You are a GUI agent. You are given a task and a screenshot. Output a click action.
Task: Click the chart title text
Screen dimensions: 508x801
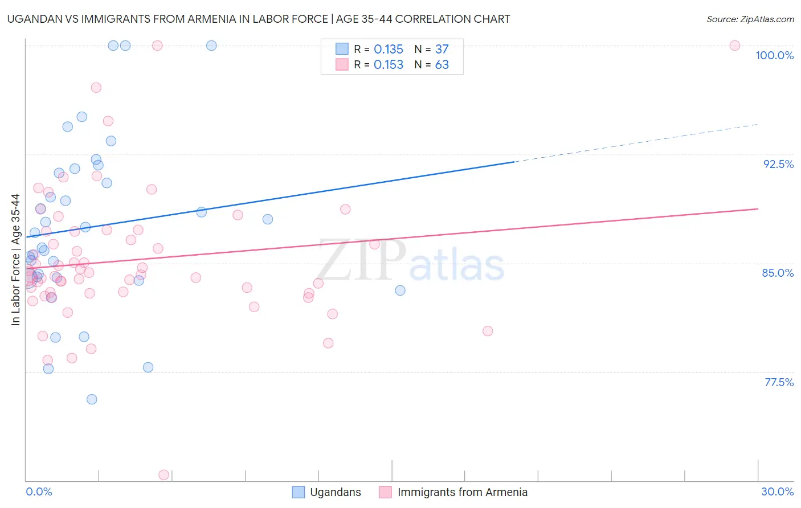click(259, 19)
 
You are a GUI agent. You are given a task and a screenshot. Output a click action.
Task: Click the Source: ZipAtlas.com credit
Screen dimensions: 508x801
click(750, 19)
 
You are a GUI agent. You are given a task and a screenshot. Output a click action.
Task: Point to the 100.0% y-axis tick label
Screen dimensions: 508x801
click(774, 55)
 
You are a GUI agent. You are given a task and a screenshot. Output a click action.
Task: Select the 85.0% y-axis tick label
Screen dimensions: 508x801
click(778, 273)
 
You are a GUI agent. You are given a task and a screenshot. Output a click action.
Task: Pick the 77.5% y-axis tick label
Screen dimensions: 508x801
click(779, 382)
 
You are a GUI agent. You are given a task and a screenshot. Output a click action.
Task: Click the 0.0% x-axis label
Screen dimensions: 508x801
click(39, 491)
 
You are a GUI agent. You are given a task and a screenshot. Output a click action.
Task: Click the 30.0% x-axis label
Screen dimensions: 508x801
click(777, 491)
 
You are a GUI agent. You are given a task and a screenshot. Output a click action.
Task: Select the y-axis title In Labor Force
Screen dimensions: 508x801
click(15, 260)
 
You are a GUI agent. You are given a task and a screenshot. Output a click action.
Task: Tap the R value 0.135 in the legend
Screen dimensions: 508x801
click(389, 50)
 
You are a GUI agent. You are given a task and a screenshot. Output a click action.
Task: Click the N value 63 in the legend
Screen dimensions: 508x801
click(442, 65)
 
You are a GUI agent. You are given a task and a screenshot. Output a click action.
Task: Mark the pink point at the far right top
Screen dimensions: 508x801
click(735, 46)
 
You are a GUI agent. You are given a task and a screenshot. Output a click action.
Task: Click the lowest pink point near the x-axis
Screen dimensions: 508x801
click(164, 474)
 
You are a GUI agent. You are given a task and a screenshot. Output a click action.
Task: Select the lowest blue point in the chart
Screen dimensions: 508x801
click(92, 399)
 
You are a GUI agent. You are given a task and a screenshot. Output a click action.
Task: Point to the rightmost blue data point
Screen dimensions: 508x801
click(400, 290)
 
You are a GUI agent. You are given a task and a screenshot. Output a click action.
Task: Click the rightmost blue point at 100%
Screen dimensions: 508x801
click(211, 46)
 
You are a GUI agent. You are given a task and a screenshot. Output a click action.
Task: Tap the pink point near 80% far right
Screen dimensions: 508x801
click(488, 331)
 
